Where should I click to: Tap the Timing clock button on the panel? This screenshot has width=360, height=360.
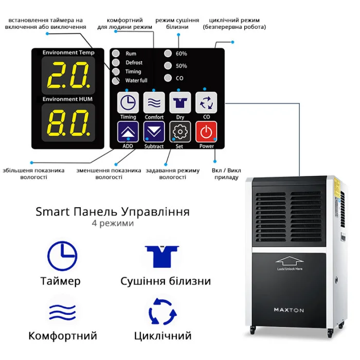point(128,102)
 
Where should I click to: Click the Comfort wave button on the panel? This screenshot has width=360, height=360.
point(154,102)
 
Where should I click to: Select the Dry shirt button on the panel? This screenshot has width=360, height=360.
point(180,102)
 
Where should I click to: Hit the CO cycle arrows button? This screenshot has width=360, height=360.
point(206,102)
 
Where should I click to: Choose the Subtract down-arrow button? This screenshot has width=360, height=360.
point(154,132)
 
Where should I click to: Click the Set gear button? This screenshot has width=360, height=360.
point(180,132)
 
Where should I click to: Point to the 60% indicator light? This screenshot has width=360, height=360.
point(168,53)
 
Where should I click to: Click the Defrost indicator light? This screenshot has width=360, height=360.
point(116,62)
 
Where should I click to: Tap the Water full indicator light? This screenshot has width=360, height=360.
point(116,81)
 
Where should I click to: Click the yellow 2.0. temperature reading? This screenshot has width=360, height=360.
point(68,75)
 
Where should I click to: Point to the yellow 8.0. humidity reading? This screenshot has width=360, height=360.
point(68,122)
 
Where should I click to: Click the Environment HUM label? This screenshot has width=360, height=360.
point(67,99)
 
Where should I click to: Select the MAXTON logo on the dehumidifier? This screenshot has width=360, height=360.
point(289,310)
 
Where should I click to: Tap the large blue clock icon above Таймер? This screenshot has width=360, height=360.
point(62,256)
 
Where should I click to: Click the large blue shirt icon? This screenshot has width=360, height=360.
point(162,257)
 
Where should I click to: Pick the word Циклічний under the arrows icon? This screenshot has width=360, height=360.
point(163,336)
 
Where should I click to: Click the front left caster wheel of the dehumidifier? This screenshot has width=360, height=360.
point(253,330)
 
